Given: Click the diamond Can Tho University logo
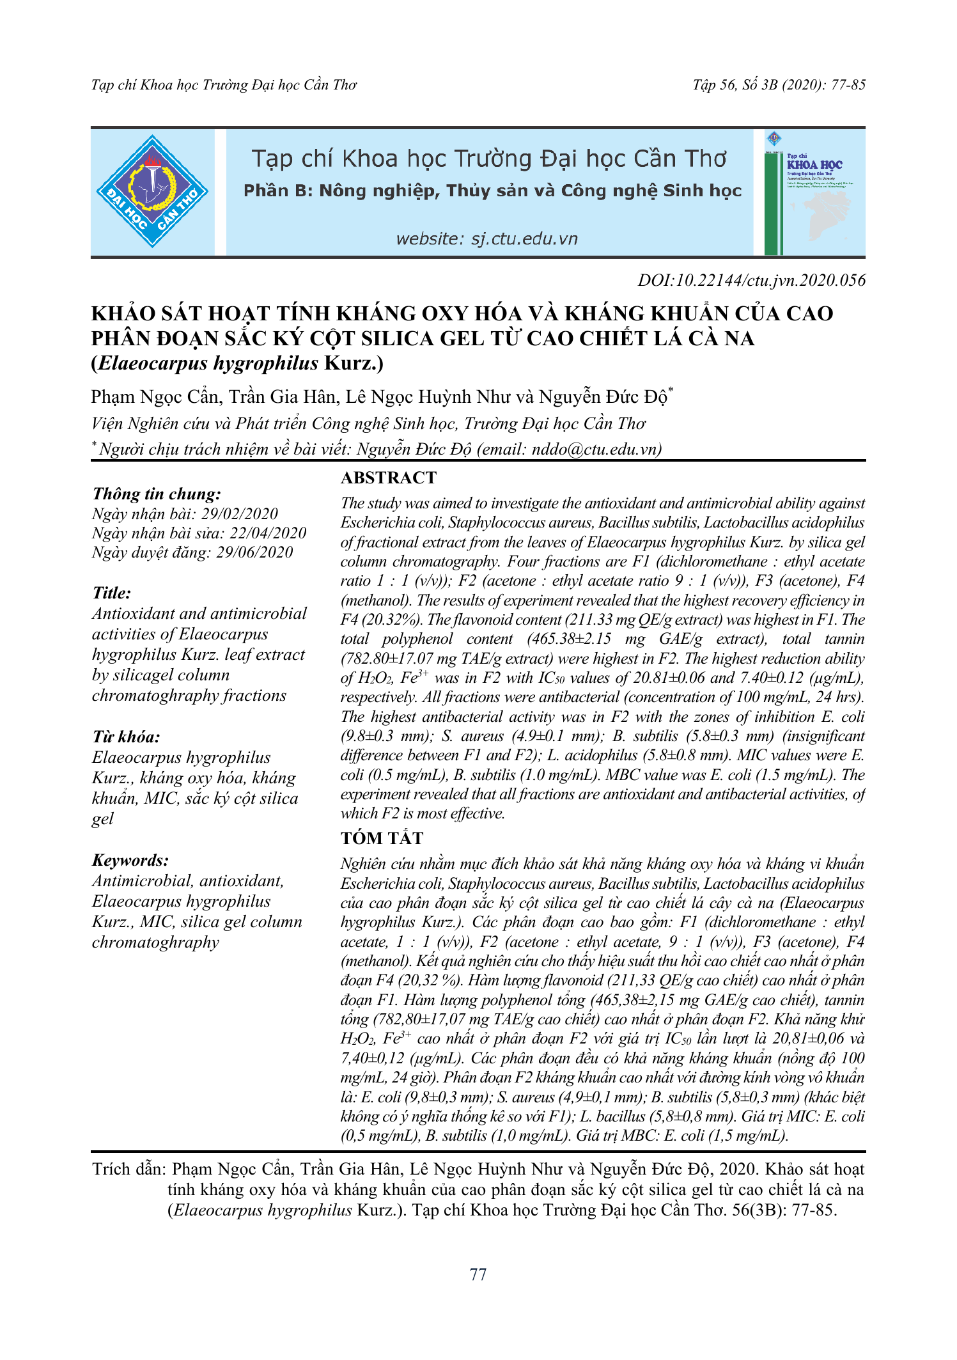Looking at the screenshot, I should click(152, 191).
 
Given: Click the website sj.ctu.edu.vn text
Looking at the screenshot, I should click(486, 239).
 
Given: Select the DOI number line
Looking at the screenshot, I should click(751, 280).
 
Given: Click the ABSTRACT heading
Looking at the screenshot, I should click(388, 478).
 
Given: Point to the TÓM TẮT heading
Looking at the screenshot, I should click(382, 838).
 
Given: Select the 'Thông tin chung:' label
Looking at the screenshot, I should click(157, 494).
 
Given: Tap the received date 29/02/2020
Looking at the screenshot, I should click(240, 514).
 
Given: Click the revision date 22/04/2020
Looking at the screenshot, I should click(268, 533).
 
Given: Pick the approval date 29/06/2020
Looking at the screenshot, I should click(254, 552).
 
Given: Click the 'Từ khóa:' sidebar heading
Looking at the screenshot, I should click(126, 737).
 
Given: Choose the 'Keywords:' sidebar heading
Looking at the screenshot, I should click(130, 860).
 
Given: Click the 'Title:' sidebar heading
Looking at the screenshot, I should click(112, 593).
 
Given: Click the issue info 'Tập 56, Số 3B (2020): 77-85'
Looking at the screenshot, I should click(779, 85).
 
